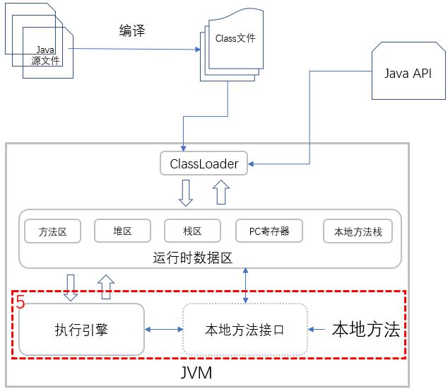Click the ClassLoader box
click(204, 164)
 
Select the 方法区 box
click(52, 231)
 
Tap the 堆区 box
click(122, 231)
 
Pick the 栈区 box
click(192, 231)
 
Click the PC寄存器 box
click(269, 231)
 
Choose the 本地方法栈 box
click(357, 231)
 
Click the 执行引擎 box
click(81, 329)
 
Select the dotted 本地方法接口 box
click(244, 330)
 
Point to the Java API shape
click(407, 74)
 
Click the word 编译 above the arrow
click(132, 31)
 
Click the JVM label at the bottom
click(194, 371)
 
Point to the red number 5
click(20, 303)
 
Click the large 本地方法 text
click(366, 330)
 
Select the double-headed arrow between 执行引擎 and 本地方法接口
click(163, 330)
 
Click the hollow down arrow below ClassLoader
click(186, 192)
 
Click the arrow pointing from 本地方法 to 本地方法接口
click(319, 330)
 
